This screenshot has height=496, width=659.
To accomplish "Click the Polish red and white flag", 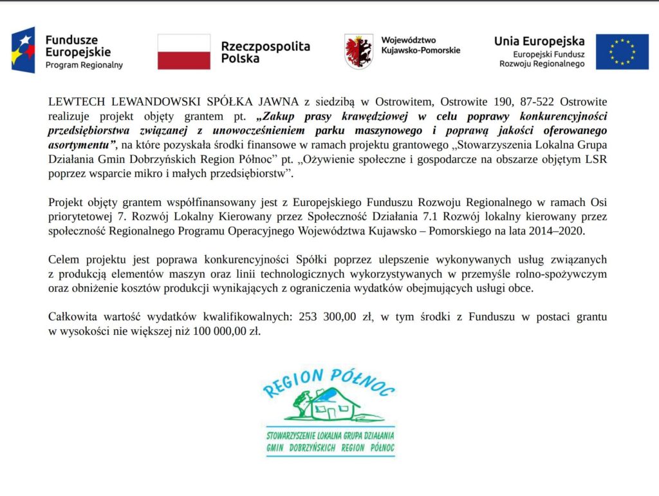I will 184,52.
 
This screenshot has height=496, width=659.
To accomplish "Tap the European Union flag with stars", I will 622,52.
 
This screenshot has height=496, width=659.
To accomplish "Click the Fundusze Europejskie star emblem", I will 23,50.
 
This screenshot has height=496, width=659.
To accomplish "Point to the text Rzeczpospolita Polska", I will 265,52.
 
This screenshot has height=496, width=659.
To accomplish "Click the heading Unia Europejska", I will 539,41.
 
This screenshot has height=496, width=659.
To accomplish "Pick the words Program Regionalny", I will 84,65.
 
